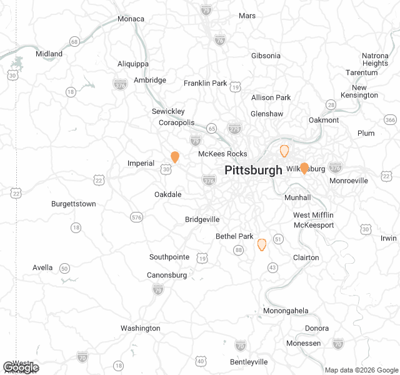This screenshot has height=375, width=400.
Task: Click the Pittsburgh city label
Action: tap(253, 170)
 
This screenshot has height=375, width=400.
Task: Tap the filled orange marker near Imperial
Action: tap(175, 157)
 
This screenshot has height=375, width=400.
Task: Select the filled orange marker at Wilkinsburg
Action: tap(304, 168)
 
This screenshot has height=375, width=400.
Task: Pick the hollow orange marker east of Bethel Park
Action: tap(262, 244)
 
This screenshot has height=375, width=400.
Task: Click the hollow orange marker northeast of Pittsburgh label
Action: tap(284, 151)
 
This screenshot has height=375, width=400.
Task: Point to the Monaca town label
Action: tap(131, 19)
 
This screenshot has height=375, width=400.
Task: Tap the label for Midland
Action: tap(49, 54)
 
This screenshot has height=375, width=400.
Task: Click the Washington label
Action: tap(140, 328)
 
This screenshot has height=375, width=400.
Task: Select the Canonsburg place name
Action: tap(166, 275)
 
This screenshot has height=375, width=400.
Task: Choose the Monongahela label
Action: tap(286, 311)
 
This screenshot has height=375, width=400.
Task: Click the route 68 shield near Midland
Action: tap(75, 42)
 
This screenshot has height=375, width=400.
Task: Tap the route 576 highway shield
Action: tap(136, 217)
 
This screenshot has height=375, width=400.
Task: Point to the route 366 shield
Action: tap(391, 120)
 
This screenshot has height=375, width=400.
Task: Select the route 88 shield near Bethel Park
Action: tap(238, 250)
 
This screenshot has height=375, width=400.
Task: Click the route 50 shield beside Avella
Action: tap(64, 268)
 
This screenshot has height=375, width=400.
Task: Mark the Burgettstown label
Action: tap(73, 204)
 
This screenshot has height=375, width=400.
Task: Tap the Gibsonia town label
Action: tap(266, 56)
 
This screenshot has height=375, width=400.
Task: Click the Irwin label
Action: tap(388, 238)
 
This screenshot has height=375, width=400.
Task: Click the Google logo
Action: tap(21, 367)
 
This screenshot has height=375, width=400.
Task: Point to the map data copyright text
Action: tap(361, 370)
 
